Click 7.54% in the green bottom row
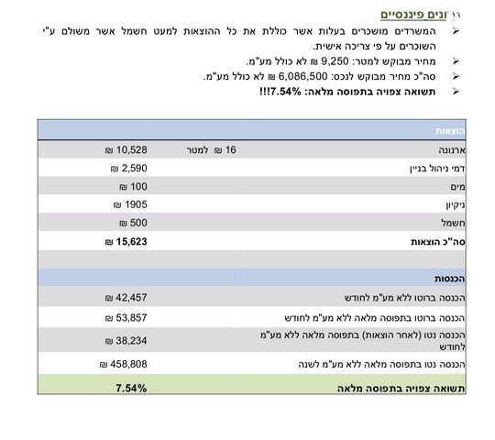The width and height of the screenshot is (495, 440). pyautogui.click(x=130, y=388)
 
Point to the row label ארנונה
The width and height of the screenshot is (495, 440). pyautogui.click(x=441, y=149)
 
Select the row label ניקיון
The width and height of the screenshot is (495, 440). pyautogui.click(x=445, y=204)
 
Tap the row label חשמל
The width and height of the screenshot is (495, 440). pyautogui.click(x=444, y=223)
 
